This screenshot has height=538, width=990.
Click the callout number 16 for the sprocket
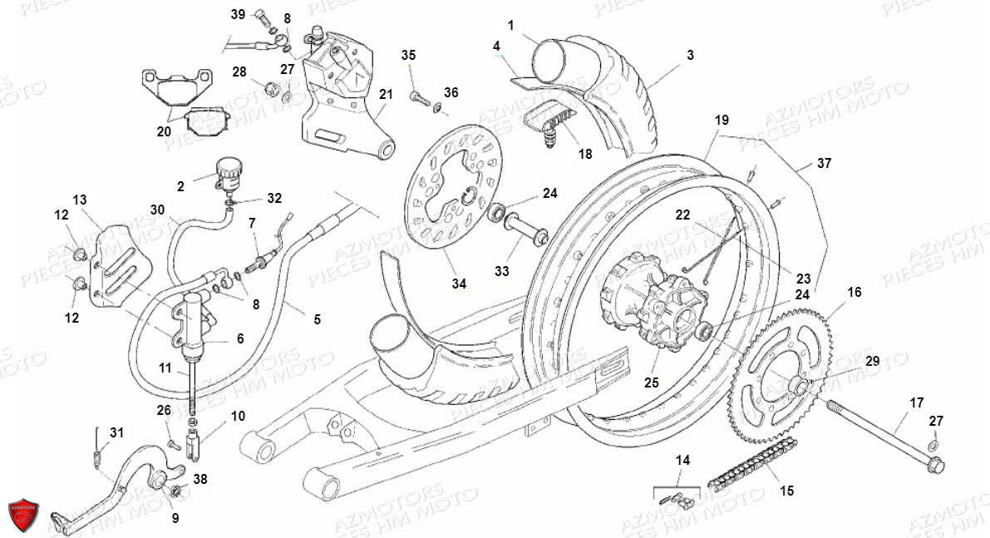pos(855,292)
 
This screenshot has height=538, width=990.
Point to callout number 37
pos(824,164)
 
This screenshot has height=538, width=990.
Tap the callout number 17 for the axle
pos(916,403)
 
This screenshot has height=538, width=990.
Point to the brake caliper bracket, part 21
pos(337,91)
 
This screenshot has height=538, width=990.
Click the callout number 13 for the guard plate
pos(80,200)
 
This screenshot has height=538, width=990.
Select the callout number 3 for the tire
pos(690,56)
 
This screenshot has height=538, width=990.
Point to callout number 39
pos(238,15)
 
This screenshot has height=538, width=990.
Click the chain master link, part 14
pos(677,500)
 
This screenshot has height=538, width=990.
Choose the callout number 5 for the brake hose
pos(317,318)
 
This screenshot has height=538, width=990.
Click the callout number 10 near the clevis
pos(239,416)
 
